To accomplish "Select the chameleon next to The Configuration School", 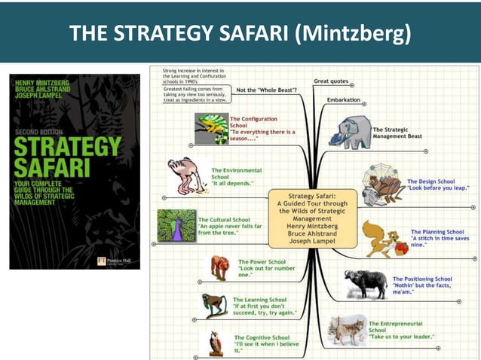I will point(210,127).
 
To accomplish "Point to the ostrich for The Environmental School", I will point(185,175).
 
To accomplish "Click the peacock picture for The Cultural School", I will point(176,224).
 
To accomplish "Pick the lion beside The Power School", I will point(219,267).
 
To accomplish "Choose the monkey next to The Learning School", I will point(215,304).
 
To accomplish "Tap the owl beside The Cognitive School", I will point(216,343).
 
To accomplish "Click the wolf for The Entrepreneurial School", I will point(348,331).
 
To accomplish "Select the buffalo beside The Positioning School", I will point(366,284).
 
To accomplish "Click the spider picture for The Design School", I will point(381,185).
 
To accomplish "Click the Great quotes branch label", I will point(331,81).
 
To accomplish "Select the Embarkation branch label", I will point(343,99).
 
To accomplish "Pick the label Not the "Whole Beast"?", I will point(265,90).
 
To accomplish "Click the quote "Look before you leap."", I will point(438,188).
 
